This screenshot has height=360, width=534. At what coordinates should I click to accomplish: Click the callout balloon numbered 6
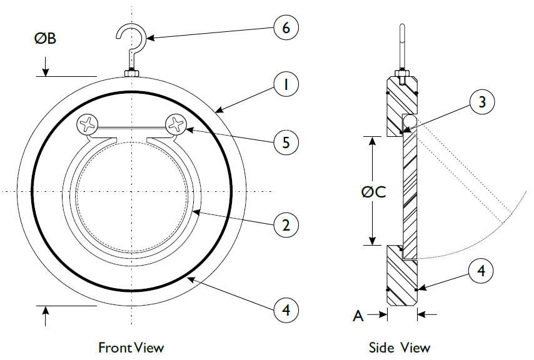[x=286, y=27]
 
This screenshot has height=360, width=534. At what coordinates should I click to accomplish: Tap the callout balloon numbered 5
[x=286, y=142]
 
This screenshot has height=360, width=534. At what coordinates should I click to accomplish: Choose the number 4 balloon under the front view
[x=286, y=309]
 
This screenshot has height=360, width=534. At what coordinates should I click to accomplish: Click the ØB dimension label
[x=45, y=39]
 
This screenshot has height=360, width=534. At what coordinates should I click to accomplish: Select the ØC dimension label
[x=373, y=191]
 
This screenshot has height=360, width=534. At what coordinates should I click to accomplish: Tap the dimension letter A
[x=358, y=316]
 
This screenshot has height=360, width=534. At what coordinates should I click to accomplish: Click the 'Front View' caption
[x=131, y=347]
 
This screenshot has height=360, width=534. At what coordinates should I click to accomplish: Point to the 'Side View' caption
[x=400, y=347]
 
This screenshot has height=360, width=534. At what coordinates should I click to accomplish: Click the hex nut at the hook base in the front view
[x=132, y=73]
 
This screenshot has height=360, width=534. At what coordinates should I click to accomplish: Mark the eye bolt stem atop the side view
[x=401, y=47]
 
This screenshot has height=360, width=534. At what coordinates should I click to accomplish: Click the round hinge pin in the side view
[x=410, y=119]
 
